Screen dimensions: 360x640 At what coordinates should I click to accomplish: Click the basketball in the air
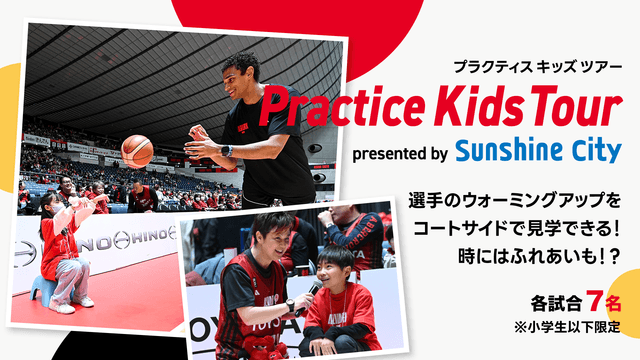point(137,151)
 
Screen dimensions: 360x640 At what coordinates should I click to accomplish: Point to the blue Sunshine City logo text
point(537,151)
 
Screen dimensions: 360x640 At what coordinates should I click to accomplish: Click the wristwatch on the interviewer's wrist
point(290,305)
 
